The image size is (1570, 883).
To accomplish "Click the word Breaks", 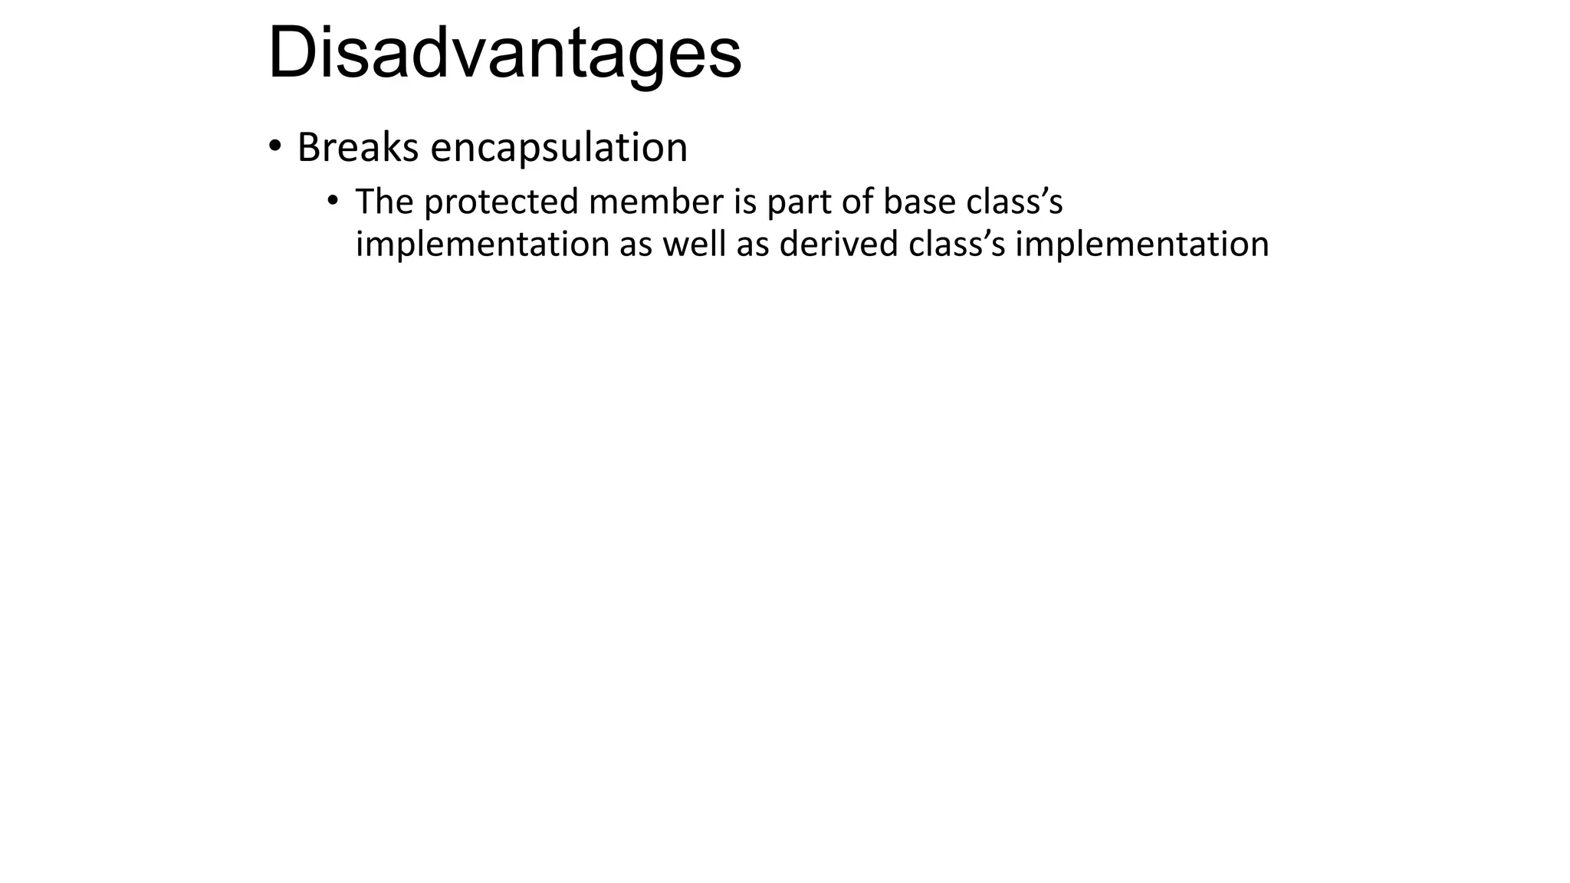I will click(357, 147).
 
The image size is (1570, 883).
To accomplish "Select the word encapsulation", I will click(559, 147).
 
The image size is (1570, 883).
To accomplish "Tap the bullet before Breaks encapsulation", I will click(274, 146).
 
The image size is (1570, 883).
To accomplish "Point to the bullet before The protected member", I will click(332, 201).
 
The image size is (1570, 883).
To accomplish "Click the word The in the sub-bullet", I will click(384, 202).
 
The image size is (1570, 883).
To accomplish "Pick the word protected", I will click(501, 203).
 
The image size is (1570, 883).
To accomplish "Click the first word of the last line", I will click(482, 245).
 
